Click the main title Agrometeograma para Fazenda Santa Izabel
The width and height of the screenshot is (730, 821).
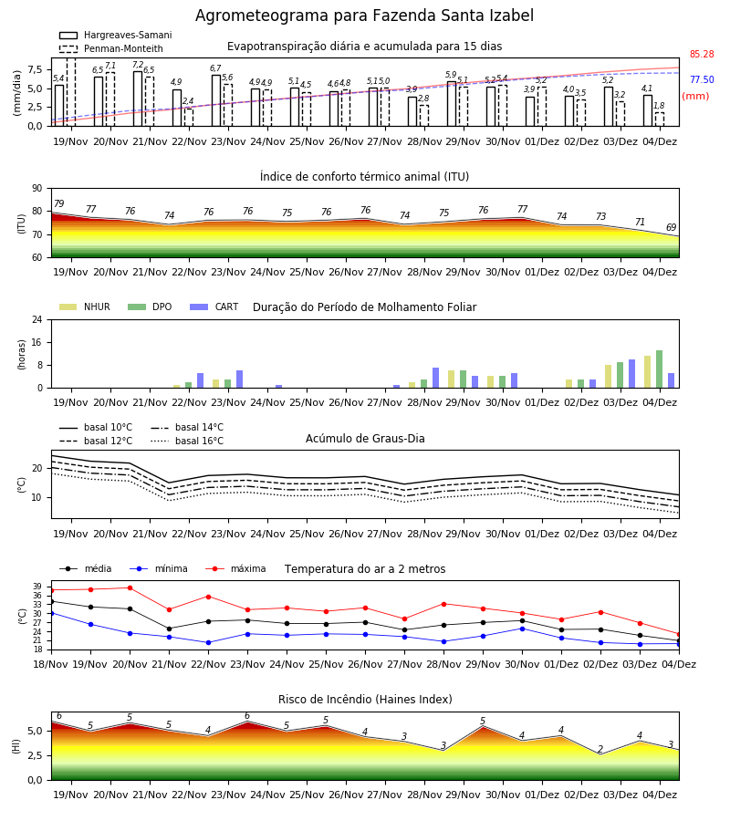pos(364,16)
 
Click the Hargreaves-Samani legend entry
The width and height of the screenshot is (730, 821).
pos(115,35)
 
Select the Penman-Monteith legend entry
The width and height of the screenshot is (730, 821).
pos(111,48)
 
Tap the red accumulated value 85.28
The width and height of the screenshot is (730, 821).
pos(702,54)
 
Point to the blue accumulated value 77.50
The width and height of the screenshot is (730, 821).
pos(702,79)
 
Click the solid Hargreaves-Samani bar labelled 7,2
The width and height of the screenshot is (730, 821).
pos(138,99)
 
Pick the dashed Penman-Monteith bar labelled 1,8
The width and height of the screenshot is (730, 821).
pos(660,120)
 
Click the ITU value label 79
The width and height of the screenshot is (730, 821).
pos(58,203)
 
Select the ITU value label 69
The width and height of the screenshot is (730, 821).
pos(672,227)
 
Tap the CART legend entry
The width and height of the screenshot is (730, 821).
pos(214,307)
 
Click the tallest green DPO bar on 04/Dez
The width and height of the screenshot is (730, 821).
pos(660,369)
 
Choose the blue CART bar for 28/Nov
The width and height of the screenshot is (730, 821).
pos(435,378)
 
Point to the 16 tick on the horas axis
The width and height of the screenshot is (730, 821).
pos(37,342)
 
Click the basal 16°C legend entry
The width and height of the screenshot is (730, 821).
pos(187,441)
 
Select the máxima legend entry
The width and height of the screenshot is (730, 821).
pos(235,568)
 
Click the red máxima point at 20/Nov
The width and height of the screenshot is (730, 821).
pos(130,588)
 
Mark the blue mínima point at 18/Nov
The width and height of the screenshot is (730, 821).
pos(51,613)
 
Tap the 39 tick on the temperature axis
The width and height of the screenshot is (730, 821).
pos(37,587)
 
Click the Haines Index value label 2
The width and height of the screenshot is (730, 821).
pos(600,749)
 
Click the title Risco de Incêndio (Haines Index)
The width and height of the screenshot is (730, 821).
pos(365,700)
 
